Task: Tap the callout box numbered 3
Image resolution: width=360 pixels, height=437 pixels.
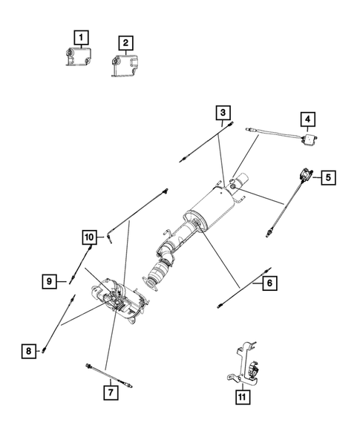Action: [222, 113]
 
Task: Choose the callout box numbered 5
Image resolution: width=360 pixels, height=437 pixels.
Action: [327, 177]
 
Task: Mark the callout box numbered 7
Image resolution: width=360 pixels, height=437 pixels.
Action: [109, 392]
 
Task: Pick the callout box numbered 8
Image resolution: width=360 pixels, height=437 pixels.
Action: [28, 351]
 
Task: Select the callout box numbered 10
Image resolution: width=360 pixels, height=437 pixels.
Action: [89, 237]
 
